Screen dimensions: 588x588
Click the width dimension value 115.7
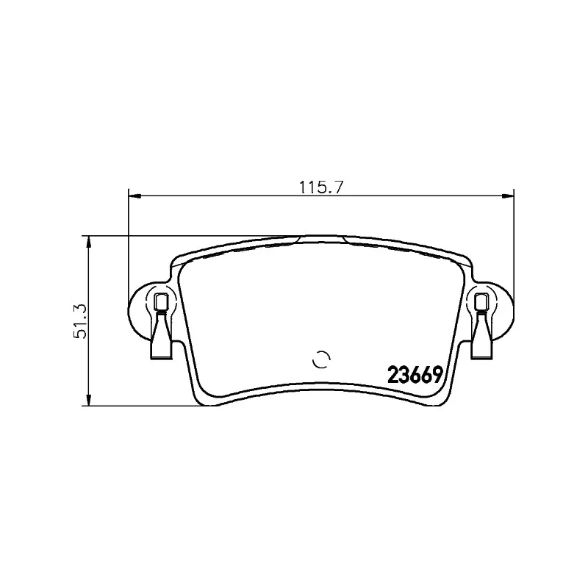point(321,187)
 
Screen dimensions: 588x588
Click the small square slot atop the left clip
point(161,301)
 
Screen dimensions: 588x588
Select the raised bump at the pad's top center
point(321,237)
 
